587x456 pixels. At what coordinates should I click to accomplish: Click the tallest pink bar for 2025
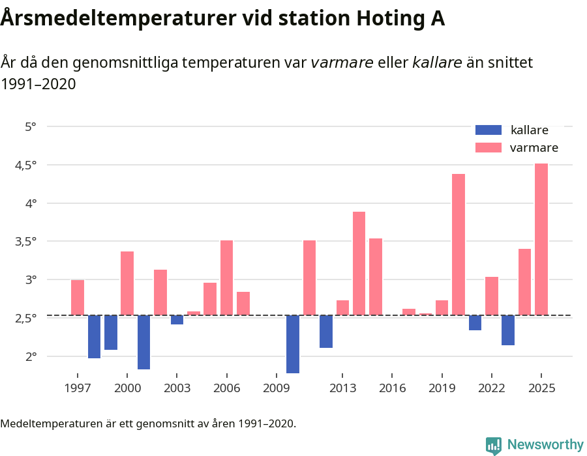(541, 239)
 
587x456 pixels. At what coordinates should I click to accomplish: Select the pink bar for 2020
(458, 244)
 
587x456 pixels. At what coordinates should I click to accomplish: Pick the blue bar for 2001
(143, 342)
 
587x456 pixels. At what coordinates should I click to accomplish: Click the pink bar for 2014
(359, 263)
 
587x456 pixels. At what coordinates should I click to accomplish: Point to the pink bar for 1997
(78, 298)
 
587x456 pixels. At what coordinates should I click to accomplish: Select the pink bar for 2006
(226, 278)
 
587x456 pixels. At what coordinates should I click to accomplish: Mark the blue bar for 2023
(507, 330)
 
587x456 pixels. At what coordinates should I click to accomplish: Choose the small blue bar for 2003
(177, 320)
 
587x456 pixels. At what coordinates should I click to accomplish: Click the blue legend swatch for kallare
(489, 130)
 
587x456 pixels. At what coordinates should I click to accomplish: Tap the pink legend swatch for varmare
(489, 148)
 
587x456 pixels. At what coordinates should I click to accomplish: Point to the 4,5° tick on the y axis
(27, 165)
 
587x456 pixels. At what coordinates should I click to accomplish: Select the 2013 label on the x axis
(342, 388)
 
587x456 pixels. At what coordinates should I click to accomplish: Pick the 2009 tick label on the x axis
(277, 388)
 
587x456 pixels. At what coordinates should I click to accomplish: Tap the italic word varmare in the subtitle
(342, 63)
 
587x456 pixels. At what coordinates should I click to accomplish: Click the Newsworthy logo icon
(494, 445)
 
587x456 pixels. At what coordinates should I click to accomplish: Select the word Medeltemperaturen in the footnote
(50, 424)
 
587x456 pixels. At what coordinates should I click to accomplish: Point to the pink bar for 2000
(127, 283)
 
